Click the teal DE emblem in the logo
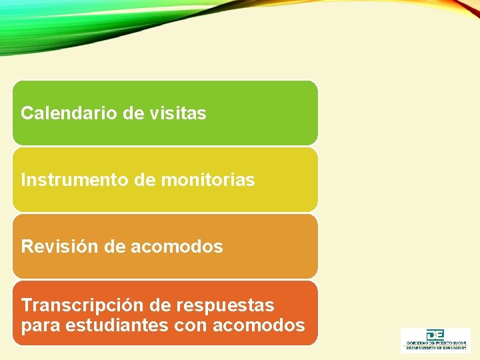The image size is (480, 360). [x=435, y=335]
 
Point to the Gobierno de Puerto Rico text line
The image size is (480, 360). [x=435, y=343]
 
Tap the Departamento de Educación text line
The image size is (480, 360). [x=435, y=349]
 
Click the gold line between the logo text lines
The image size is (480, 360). [x=435, y=346]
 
